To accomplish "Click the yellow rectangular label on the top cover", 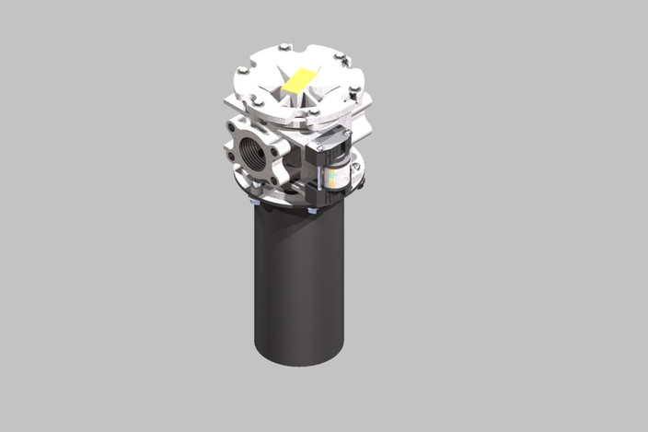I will click(x=298, y=82).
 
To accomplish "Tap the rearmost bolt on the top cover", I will click(x=284, y=47).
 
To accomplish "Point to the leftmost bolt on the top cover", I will click(x=243, y=71).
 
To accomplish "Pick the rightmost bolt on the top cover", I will click(x=353, y=89).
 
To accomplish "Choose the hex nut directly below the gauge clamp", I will click(x=313, y=211).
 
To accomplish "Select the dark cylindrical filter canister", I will click(x=299, y=286).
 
